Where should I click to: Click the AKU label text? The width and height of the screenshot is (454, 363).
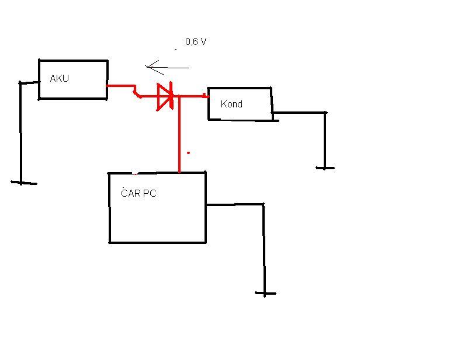(59, 78)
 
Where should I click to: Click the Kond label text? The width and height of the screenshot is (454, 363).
(231, 104)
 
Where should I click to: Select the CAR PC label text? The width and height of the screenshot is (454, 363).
(138, 193)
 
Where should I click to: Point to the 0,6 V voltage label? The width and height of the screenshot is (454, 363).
(196, 42)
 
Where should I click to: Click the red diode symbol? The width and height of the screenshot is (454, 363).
(165, 97)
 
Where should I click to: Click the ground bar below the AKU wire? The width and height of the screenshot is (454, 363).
(23, 183)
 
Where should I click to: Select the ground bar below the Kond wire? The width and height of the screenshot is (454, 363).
(325, 168)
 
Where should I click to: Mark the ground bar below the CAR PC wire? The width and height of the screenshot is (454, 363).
(265, 293)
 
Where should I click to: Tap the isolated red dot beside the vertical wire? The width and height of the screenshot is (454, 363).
(188, 153)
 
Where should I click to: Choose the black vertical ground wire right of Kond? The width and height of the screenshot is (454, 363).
(325, 140)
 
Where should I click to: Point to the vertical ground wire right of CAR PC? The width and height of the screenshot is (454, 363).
(264, 248)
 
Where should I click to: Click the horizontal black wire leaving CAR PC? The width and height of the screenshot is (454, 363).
(234, 204)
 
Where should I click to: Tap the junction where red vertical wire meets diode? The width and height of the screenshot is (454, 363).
(179, 97)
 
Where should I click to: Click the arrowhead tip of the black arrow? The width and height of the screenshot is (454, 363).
(147, 67)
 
